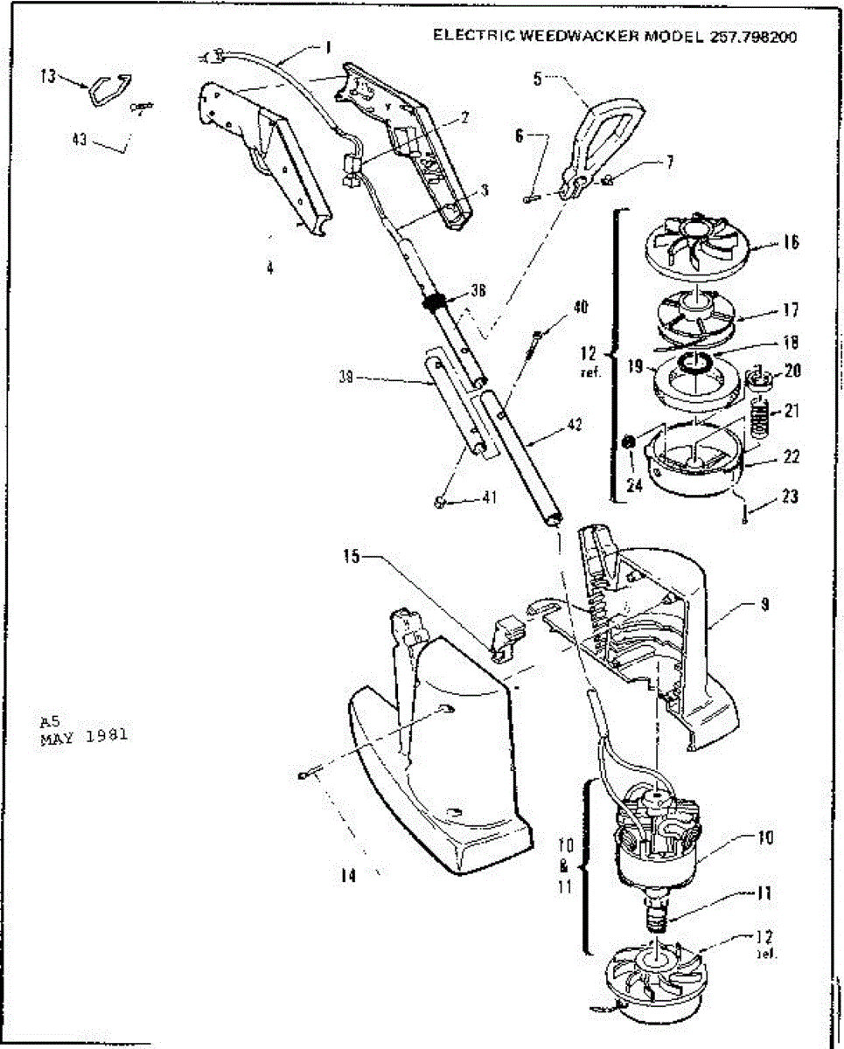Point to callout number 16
coord(790,242)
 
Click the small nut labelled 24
coord(627,443)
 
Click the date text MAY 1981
coord(84,736)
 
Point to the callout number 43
coord(80,138)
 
